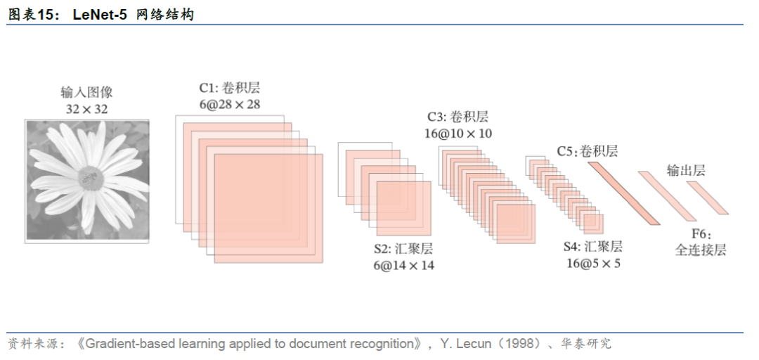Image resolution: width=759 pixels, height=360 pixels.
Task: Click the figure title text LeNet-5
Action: [100, 15]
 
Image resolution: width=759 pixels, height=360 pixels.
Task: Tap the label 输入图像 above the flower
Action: [87, 93]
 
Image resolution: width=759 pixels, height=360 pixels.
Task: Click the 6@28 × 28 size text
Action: [229, 104]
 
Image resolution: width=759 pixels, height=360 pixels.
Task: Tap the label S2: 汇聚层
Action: [403, 249]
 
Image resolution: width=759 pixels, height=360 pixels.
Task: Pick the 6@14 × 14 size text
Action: [403, 265]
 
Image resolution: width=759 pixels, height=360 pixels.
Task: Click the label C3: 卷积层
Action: [458, 117]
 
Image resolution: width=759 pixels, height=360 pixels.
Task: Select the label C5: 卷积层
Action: [588, 150]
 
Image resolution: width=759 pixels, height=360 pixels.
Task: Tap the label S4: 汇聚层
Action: [593, 247]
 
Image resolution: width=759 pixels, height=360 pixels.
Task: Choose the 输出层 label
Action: [685, 170]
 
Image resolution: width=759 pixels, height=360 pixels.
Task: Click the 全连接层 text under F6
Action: [700, 250]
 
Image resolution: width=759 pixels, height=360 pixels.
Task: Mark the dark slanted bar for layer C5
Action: [623, 193]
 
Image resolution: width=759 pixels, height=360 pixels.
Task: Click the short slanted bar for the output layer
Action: [707, 198]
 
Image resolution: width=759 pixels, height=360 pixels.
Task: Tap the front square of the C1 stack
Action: [268, 209]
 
